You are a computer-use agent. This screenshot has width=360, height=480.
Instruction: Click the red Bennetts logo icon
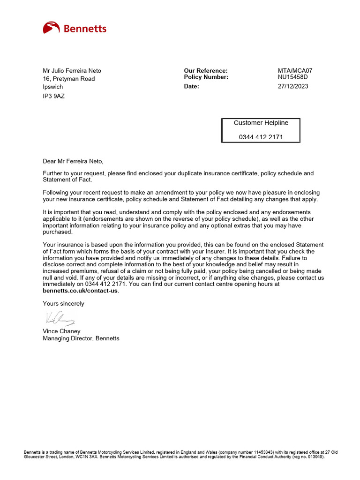51,28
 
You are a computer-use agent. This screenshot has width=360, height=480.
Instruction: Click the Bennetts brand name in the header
85,29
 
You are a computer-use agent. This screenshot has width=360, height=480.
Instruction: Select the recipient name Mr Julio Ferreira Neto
72,71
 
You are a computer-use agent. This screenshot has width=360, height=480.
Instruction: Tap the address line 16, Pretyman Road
69,79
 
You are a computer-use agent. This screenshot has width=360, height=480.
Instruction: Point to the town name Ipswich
53,87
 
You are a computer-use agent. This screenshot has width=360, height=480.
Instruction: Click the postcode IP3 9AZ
54,96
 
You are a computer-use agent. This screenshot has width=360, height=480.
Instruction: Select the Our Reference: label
205,71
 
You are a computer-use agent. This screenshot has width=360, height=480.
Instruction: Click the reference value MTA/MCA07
295,71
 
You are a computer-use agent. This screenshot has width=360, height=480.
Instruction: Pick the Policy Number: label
206,77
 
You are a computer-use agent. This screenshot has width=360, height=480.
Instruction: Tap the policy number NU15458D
293,77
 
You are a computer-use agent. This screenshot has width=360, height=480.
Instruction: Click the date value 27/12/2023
293,86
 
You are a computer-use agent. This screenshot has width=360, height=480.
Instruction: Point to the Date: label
191,86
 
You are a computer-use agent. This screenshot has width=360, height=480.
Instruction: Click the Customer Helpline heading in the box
261,123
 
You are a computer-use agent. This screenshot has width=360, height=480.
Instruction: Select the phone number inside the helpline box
261,137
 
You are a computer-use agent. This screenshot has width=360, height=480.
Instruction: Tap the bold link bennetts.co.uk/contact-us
81,291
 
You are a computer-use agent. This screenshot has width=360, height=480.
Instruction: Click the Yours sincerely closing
64,304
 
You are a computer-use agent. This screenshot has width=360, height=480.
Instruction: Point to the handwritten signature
60,319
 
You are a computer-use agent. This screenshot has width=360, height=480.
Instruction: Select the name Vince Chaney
62,331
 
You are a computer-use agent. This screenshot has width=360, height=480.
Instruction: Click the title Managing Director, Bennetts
81,338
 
